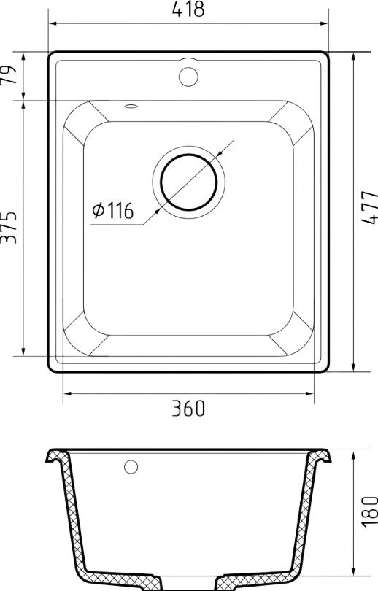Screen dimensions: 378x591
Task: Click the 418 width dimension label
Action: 188,9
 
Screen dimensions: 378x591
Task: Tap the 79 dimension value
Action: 9,75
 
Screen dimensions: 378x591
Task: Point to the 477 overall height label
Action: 369,208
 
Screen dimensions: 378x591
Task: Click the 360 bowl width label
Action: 188,408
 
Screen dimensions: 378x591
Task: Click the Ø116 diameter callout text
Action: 112,210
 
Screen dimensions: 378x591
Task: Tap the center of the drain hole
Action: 189,182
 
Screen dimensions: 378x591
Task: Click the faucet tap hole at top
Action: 188,77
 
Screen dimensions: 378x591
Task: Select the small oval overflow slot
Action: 131,107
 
